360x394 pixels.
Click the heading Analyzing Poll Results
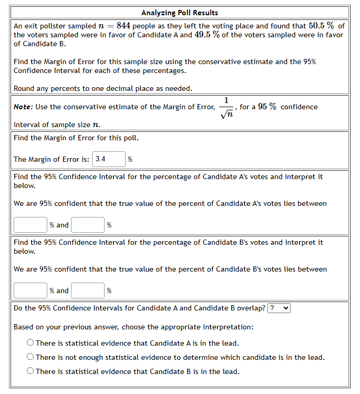(x=180, y=13)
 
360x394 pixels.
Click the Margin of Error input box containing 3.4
(x=109, y=159)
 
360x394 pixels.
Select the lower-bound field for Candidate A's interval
(x=30, y=225)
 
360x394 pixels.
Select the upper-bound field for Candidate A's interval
(x=88, y=225)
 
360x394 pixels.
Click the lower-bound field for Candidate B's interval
(x=30, y=291)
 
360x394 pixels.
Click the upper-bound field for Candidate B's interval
(x=88, y=291)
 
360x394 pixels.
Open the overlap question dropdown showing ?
(x=279, y=308)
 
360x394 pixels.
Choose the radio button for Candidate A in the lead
(x=30, y=343)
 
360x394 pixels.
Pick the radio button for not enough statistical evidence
(x=30, y=357)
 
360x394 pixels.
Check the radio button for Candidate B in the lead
(x=30, y=371)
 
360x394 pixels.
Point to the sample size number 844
(x=124, y=26)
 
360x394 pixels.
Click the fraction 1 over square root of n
(x=225, y=107)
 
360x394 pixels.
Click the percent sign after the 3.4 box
(x=130, y=160)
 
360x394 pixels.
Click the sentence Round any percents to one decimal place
(x=103, y=88)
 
